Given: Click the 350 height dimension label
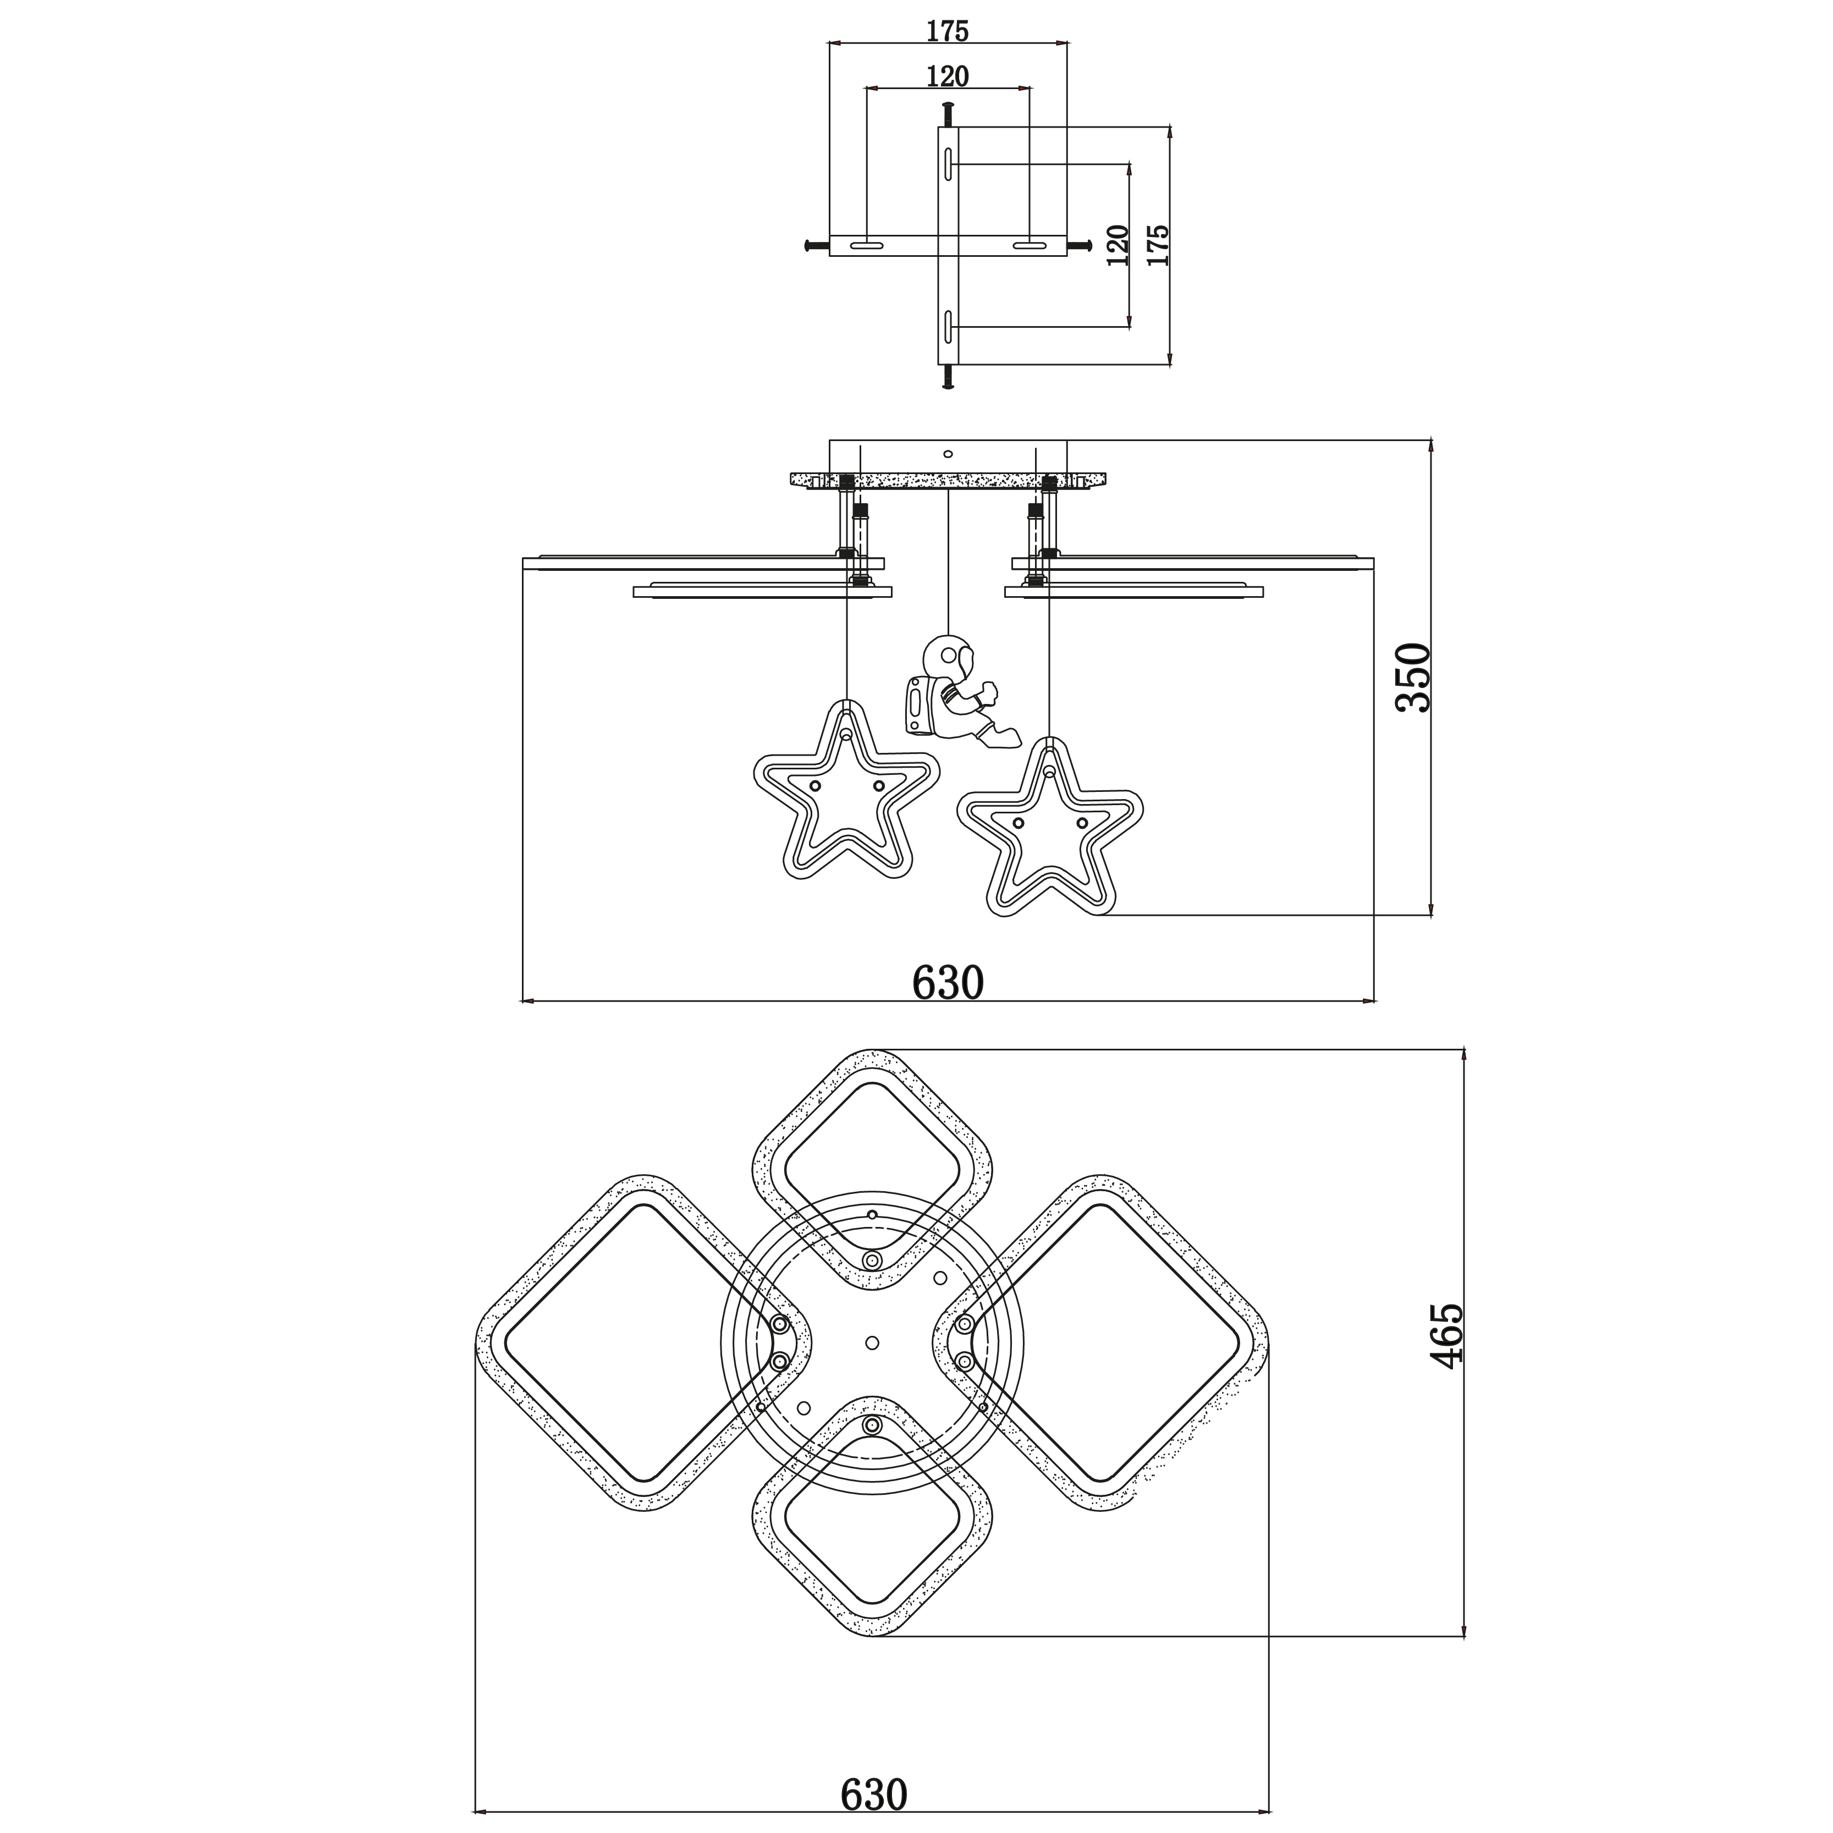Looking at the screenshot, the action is [1413, 678].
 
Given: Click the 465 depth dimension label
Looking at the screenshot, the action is [1447, 1335].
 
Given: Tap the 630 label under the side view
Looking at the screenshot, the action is [948, 983].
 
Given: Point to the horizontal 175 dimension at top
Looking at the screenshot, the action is [948, 31].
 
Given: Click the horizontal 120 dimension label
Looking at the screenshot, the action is [948, 76].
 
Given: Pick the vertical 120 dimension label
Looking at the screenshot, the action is [1119, 245].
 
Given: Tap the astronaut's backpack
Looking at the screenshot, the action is [918, 707].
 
